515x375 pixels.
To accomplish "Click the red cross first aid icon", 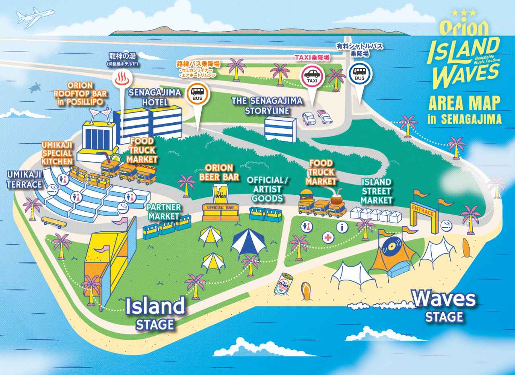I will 328,237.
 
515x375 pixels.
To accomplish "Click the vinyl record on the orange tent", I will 390,246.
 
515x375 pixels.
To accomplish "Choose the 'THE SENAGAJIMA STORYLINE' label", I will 267,105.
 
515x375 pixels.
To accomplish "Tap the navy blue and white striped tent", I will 249,243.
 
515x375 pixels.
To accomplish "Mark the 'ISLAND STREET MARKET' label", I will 376,191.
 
